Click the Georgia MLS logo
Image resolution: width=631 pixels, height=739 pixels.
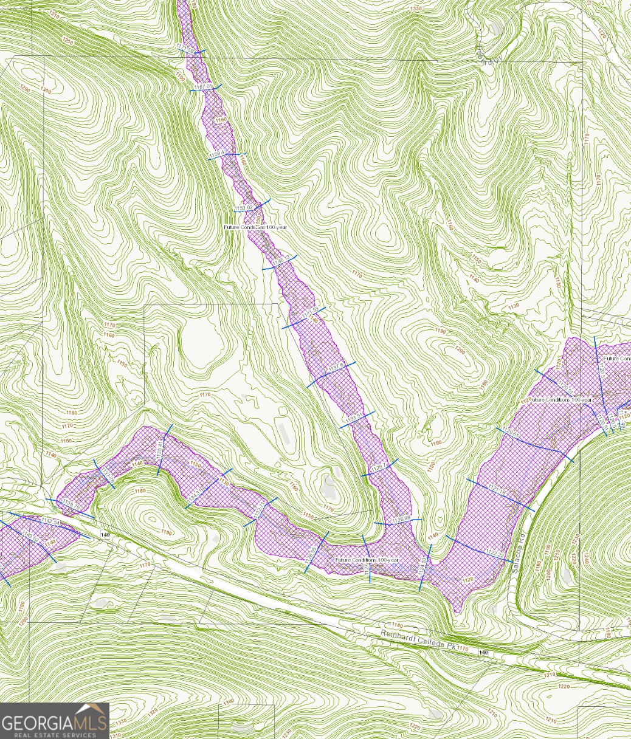tap(55, 721)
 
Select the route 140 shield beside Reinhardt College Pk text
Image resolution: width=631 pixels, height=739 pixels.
tap(483, 652)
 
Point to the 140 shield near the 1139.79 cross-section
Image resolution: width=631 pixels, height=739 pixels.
tap(105, 534)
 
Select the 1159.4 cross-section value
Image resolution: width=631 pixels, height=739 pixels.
tap(217, 156)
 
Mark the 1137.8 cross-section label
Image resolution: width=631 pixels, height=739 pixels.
tap(336, 367)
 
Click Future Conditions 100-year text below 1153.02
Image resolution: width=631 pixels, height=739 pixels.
tap(255, 227)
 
